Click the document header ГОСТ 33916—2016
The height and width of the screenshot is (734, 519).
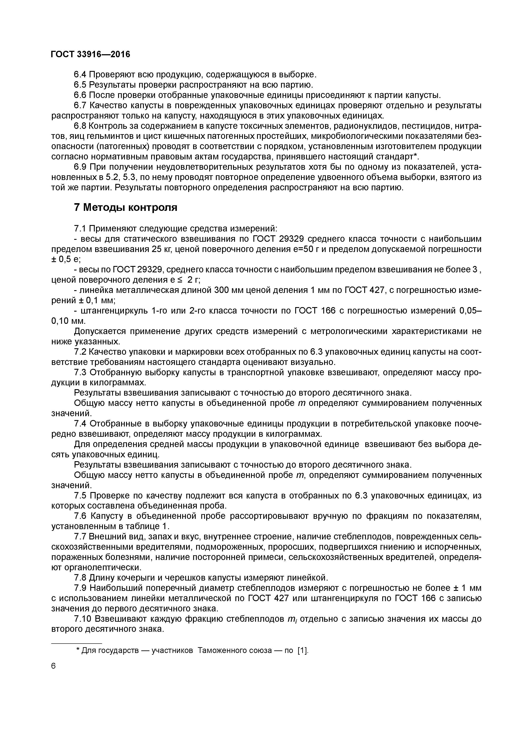pos(90,54)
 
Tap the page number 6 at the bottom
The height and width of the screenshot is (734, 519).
pos(53,666)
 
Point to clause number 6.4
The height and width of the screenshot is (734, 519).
pos(80,75)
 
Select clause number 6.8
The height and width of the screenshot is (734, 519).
pos(80,126)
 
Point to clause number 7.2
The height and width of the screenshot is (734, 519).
pos(80,352)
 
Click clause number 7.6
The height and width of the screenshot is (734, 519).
pos(80,516)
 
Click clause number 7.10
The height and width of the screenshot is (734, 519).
pos(83,619)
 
